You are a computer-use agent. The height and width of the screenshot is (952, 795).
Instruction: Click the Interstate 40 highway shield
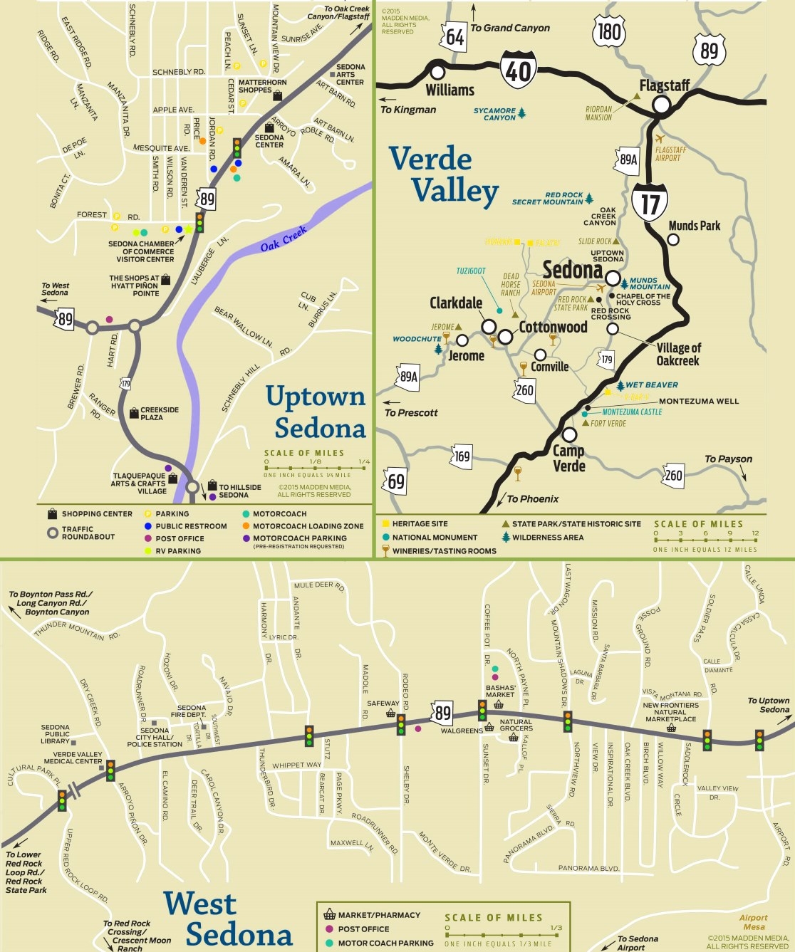click(518, 70)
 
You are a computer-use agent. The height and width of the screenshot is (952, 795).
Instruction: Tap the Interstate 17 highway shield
click(649, 202)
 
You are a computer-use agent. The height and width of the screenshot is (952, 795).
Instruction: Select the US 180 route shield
click(609, 31)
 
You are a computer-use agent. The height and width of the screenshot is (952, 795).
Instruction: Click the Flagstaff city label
click(664, 85)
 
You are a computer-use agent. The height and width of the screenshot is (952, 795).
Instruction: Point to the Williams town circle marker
click(437, 72)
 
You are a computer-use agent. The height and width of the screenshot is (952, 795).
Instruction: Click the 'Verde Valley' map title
click(443, 175)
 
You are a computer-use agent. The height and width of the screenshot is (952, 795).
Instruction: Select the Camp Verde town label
click(569, 458)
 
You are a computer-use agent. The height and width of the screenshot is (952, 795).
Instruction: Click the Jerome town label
click(466, 355)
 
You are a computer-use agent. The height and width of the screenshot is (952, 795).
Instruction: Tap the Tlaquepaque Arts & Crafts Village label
click(139, 483)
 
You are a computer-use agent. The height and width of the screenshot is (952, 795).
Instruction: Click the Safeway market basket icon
click(390, 713)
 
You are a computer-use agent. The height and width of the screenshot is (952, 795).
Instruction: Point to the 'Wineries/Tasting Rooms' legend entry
click(443, 550)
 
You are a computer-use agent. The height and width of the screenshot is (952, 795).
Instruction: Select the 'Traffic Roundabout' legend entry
click(88, 533)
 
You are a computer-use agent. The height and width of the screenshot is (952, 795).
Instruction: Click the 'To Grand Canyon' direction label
click(510, 28)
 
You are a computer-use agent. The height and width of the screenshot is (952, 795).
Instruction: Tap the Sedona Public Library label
click(56, 733)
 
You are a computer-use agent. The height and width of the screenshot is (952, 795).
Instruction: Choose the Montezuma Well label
click(698, 401)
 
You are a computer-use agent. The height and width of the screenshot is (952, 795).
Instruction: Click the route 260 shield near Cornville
click(524, 390)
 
